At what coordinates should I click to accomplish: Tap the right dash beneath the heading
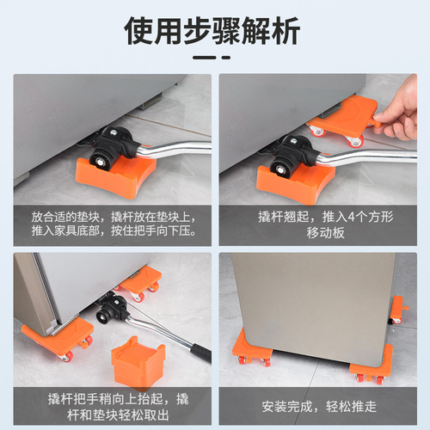tap(227, 58)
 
